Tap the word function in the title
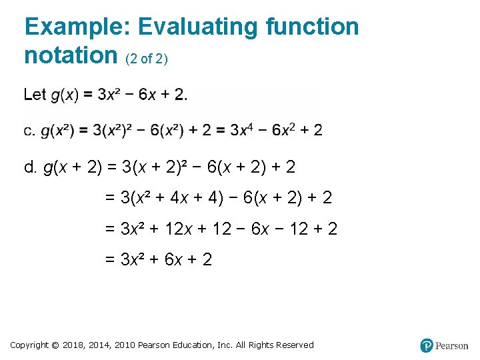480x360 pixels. pyautogui.click(x=313, y=27)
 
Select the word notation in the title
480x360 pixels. pyautogui.click(x=71, y=55)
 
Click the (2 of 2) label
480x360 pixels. pyautogui.click(x=147, y=59)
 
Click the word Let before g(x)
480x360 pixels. pyautogui.click(x=35, y=94)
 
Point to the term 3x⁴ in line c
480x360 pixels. pyautogui.click(x=242, y=129)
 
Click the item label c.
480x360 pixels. pyautogui.click(x=29, y=131)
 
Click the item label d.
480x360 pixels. pyautogui.click(x=30, y=167)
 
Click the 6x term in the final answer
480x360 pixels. pyautogui.click(x=175, y=259)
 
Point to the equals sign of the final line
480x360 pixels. pyautogui.click(x=110, y=260)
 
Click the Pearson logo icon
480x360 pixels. pyautogui.click(x=427, y=345)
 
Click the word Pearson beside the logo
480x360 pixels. pyautogui.click(x=452, y=346)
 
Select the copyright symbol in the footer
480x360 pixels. pyautogui.click(x=55, y=345)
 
